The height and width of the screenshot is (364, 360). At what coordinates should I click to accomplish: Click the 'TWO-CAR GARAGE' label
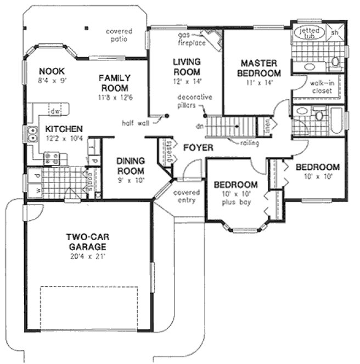pyautogui.click(x=86, y=242)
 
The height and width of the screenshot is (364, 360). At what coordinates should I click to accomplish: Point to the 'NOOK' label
pyautogui.click(x=52, y=71)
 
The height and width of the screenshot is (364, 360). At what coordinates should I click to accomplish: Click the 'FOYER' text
pyautogui.click(x=198, y=147)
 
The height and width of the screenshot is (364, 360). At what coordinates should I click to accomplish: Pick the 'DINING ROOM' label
pyautogui.click(x=130, y=165)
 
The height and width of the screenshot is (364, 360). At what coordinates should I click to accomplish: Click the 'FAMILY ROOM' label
pyautogui.click(x=114, y=83)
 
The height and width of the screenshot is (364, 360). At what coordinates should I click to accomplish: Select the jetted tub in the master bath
pyautogui.click(x=309, y=32)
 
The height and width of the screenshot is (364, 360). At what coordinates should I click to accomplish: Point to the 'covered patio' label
pyautogui.click(x=119, y=35)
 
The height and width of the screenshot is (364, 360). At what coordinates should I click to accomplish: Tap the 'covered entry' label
pyautogui.click(x=186, y=197)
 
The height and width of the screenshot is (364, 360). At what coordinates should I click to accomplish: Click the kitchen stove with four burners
pyautogui.click(x=52, y=158)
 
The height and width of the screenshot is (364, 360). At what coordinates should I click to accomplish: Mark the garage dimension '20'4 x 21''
pyautogui.click(x=86, y=255)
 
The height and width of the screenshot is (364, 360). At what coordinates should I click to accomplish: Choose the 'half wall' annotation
pyautogui.click(x=135, y=122)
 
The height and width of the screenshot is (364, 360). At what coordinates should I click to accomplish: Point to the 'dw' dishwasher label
pyautogui.click(x=54, y=111)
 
